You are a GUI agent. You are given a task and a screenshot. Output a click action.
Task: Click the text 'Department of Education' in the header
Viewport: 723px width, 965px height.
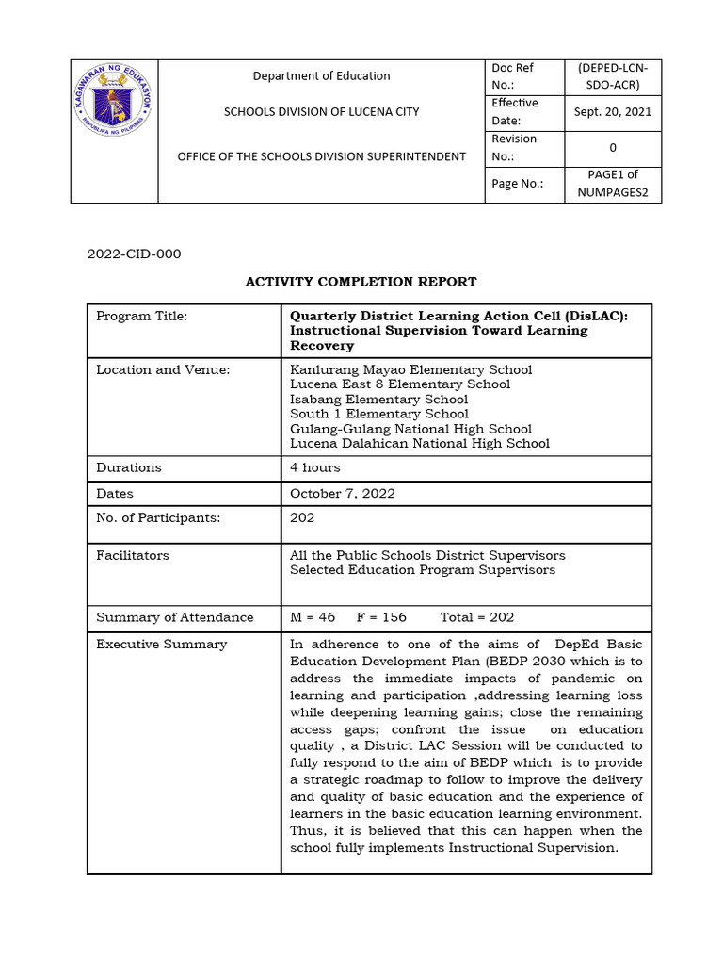[322, 75]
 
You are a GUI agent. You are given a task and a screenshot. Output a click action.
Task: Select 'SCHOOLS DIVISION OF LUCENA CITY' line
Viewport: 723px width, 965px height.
[321, 111]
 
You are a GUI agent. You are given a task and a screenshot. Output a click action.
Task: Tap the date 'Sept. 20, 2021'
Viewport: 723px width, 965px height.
[612, 111]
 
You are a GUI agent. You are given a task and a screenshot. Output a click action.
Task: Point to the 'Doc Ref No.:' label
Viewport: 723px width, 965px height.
[513, 75]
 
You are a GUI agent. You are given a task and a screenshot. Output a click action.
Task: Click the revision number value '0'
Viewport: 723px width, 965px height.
[612, 147]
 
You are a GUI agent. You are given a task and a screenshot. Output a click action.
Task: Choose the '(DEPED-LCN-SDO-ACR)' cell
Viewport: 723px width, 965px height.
[612, 75]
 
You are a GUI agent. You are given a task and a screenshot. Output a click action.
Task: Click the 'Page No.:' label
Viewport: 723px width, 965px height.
[517, 183]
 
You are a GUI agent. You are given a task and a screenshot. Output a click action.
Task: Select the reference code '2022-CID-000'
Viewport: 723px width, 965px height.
[134, 254]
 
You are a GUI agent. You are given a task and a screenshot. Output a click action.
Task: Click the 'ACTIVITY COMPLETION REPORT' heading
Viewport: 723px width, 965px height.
[361, 282]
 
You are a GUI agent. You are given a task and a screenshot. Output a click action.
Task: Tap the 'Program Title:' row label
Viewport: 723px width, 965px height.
[142, 316]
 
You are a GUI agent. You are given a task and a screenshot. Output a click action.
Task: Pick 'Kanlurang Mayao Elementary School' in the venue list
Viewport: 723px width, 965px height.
[410, 369]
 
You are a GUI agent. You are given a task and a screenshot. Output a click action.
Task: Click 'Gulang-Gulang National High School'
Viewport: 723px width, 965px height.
[410, 429]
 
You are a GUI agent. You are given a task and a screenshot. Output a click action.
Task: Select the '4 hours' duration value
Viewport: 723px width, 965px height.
[315, 467]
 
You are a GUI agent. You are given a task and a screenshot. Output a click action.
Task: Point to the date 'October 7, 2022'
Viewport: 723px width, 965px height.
[343, 493]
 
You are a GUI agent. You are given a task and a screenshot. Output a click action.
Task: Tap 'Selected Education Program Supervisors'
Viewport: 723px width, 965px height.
[423, 570]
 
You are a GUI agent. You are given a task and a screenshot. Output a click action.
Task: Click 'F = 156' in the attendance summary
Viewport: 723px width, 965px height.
[381, 617]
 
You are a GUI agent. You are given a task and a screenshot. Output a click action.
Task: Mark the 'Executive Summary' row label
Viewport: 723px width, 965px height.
[161, 645]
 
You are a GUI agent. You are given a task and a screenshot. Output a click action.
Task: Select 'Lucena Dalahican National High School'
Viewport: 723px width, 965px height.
[420, 443]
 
